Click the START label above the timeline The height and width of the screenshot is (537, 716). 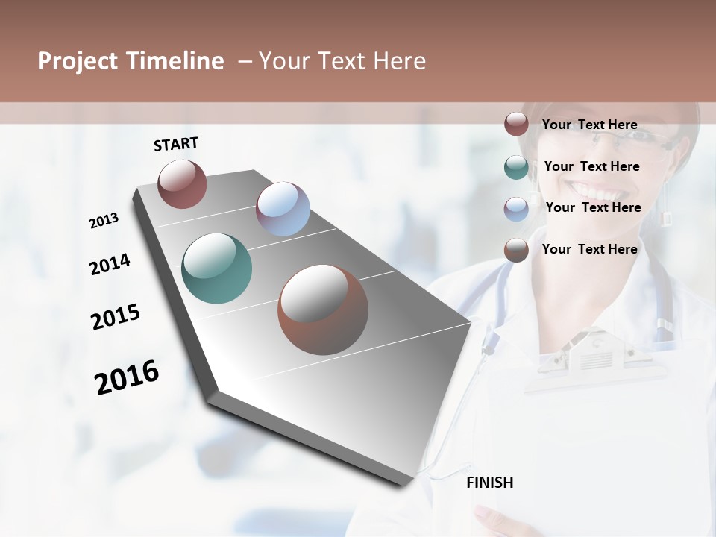click(176, 144)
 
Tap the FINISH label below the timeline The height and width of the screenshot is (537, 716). click(490, 483)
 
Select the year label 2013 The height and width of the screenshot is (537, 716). click(104, 221)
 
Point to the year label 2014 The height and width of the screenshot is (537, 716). click(110, 265)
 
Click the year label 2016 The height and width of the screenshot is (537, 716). click(127, 377)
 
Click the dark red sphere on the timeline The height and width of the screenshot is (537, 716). click(182, 183)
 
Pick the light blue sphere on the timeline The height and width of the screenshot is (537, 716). click(283, 209)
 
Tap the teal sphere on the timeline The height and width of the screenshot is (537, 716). click(217, 268)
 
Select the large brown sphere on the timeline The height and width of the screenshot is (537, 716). click(323, 310)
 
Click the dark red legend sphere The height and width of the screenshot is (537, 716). click(516, 125)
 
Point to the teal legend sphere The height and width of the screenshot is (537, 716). click(516, 167)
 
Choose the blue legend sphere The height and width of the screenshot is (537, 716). click(516, 209)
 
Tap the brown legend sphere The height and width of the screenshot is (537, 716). click(516, 250)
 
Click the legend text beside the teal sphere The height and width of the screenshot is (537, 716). click(591, 166)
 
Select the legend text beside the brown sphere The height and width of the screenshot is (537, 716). click(589, 249)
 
